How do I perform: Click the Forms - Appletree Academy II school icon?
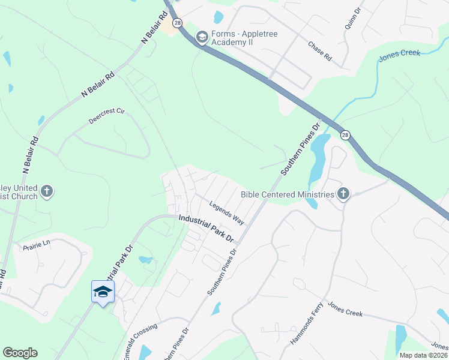(x=202, y=38)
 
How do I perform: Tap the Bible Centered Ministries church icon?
(x=343, y=193)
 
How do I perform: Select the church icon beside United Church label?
(x=47, y=192)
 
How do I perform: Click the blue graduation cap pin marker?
(x=103, y=292)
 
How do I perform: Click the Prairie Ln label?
(x=37, y=245)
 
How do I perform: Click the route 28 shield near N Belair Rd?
(x=177, y=23)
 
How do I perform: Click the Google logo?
(x=20, y=353)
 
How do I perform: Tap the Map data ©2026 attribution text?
(x=423, y=355)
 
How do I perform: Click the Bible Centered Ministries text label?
(x=286, y=194)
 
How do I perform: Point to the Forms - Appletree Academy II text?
(x=244, y=39)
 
